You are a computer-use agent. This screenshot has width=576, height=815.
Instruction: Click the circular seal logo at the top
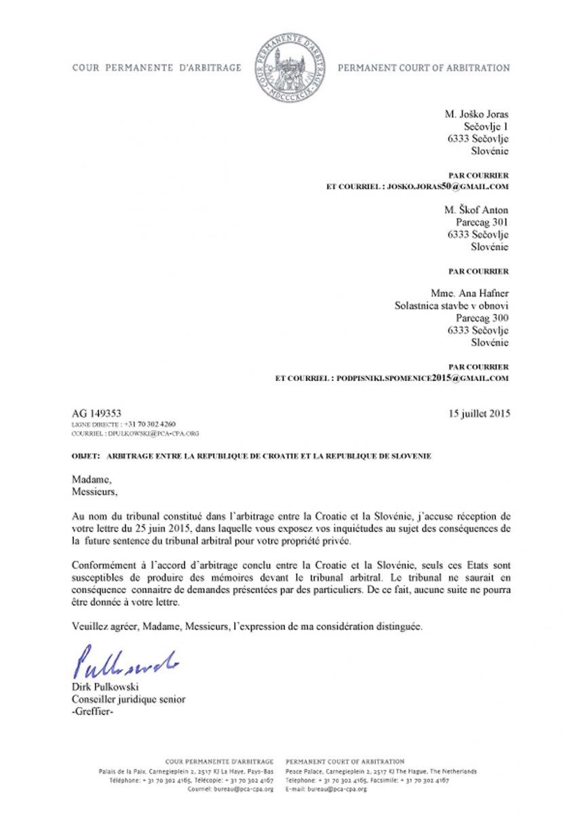pos(288,67)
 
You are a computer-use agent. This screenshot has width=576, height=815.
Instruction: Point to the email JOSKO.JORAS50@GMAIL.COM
pos(447,185)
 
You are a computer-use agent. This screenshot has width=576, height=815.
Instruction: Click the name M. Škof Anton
pos(476,210)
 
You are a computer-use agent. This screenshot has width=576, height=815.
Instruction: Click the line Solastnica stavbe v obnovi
pos(451,306)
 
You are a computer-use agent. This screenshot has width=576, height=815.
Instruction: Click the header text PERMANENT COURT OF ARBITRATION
pos(423,68)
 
